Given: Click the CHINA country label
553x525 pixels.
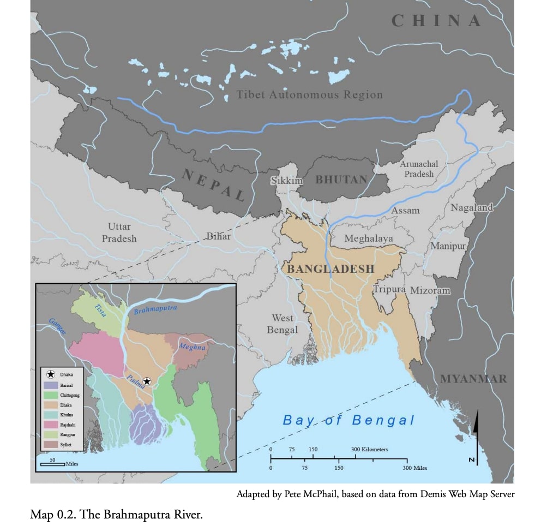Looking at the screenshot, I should [x=436, y=21].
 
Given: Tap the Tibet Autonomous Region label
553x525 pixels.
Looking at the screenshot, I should [x=309, y=95].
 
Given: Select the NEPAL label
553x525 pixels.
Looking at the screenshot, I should [x=213, y=186].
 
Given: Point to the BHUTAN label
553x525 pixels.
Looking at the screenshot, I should [x=341, y=180].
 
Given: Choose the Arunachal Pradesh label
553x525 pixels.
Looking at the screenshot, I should [x=419, y=169].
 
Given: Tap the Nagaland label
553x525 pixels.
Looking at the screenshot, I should [x=471, y=207].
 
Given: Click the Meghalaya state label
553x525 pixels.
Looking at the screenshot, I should [x=368, y=238].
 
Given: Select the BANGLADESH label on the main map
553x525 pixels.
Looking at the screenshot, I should [x=330, y=269].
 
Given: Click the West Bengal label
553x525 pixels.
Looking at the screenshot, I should [x=282, y=324].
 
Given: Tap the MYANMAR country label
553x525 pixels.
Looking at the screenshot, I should [x=473, y=379].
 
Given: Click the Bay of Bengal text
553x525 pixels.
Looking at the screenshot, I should [x=348, y=420].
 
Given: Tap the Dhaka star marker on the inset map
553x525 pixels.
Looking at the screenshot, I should [x=147, y=381].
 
